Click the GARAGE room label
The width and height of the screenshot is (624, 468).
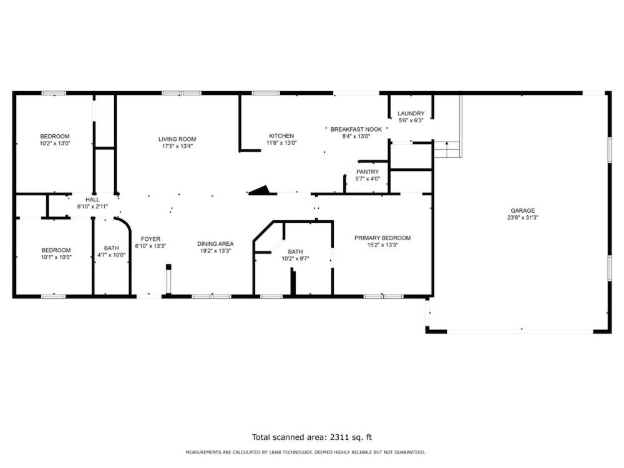[x=522, y=210]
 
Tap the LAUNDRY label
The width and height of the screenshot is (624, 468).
[x=411, y=114]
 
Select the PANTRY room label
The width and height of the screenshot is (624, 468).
[x=368, y=172]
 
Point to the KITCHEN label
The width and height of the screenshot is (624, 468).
[x=281, y=136]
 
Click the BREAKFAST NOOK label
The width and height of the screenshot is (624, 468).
[x=356, y=129]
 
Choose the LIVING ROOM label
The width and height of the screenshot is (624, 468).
[x=177, y=139]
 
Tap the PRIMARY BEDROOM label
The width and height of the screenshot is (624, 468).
[x=383, y=238]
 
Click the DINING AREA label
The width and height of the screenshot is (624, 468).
[x=215, y=243]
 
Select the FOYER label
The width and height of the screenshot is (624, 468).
[x=150, y=239]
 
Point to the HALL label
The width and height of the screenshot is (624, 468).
[x=92, y=200]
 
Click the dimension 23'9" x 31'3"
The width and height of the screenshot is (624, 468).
[x=522, y=218]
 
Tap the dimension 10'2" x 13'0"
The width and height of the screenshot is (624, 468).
[x=54, y=144]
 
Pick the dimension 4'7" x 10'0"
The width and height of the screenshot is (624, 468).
[x=112, y=255]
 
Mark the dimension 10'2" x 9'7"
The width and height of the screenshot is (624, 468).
[x=295, y=259]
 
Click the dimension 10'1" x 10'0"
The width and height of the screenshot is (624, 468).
[x=56, y=257]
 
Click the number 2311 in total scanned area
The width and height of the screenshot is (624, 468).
[x=338, y=437]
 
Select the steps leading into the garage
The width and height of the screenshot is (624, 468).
[x=447, y=149]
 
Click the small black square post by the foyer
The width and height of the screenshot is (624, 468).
[x=168, y=267]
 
